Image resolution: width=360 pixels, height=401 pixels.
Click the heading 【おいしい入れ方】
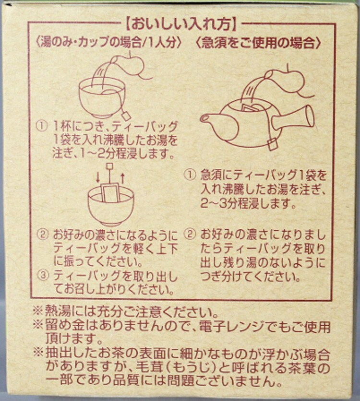[x=181, y=24]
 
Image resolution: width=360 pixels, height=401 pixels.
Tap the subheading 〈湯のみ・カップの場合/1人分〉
[x=109, y=43]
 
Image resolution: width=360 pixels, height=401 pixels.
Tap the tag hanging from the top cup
[x=126, y=116]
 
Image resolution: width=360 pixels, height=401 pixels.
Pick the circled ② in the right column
[x=189, y=235]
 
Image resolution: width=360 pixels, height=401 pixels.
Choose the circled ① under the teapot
[x=189, y=175]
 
